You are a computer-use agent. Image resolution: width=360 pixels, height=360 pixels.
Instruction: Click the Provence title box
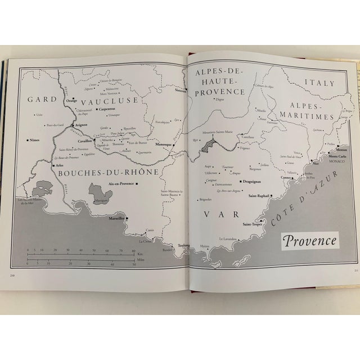[x=310, y=242]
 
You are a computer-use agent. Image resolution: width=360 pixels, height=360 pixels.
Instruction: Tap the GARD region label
[x=43, y=100]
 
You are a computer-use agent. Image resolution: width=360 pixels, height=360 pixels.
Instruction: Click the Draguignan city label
[x=250, y=182]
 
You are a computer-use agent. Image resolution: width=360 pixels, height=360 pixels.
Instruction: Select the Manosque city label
[x=163, y=145]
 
